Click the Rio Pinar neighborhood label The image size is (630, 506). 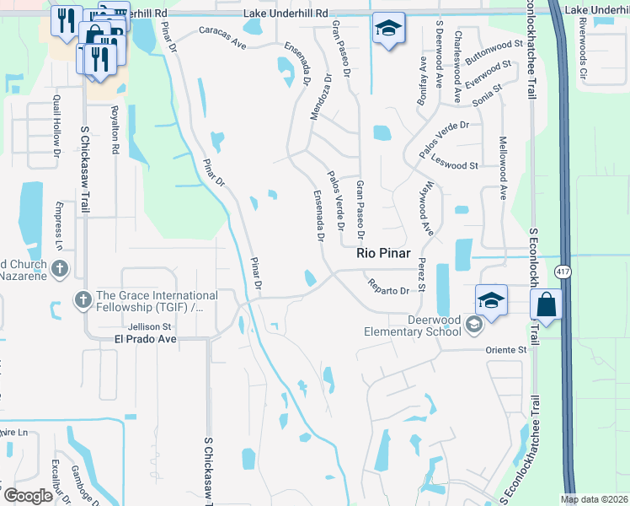click(x=383, y=252)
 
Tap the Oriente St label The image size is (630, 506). click(x=505, y=349)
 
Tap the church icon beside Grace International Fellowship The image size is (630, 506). click(x=83, y=299)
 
